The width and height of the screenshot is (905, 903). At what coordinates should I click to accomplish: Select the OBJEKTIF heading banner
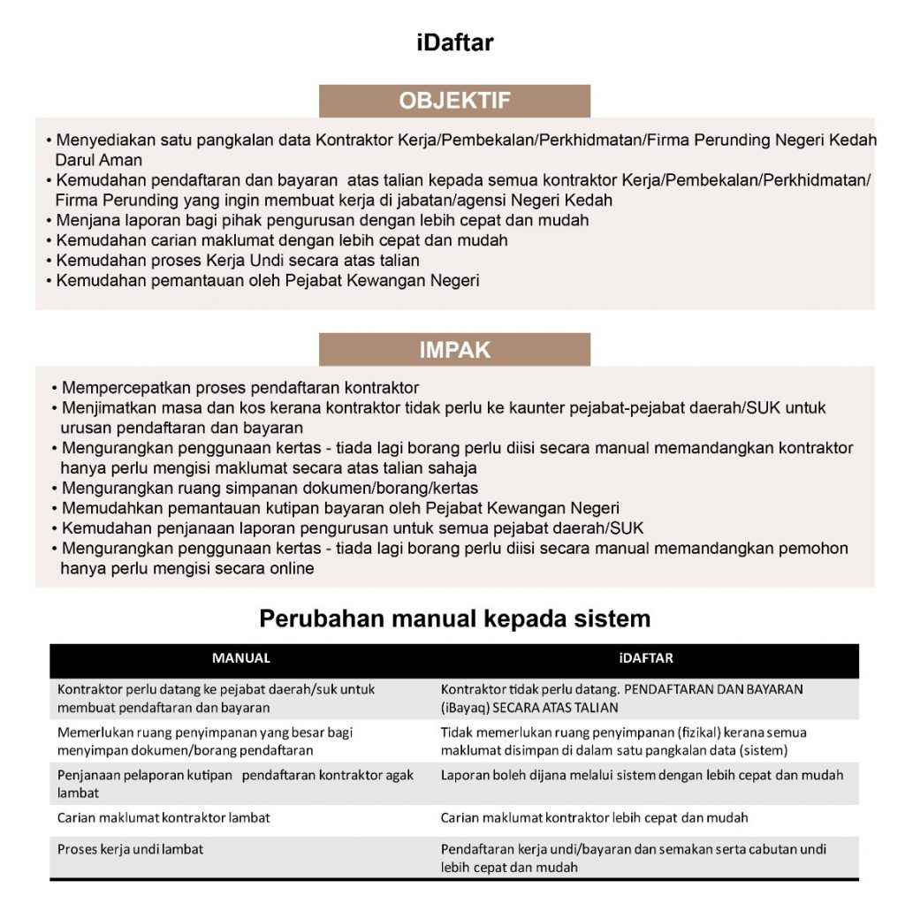point(454,101)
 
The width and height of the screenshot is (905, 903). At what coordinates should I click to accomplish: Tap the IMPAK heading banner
point(454,350)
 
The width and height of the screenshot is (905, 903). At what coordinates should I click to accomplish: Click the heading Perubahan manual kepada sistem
point(454,618)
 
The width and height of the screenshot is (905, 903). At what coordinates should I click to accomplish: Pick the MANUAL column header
point(241,658)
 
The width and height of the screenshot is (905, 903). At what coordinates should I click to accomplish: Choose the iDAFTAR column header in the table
point(646,658)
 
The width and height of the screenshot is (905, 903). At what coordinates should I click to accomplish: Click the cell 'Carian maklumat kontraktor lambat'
point(164,817)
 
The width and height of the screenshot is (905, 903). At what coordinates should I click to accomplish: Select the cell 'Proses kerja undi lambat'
point(130,849)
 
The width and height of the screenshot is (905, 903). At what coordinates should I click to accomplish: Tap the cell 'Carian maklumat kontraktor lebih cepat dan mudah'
point(594,817)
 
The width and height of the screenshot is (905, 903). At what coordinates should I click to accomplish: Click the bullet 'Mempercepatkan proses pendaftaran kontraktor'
point(235,388)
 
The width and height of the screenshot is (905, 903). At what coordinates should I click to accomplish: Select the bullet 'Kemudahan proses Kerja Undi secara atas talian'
point(237,261)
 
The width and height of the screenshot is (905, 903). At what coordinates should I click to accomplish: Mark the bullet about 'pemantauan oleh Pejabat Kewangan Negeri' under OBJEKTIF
point(267,281)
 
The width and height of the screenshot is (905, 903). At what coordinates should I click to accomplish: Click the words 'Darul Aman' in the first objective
point(98,161)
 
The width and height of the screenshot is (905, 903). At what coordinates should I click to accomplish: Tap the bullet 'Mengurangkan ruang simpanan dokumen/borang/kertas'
point(270,488)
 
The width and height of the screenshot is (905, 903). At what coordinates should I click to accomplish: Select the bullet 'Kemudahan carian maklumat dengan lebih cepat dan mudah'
point(281,240)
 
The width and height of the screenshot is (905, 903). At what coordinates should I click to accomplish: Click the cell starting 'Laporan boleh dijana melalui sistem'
point(642,775)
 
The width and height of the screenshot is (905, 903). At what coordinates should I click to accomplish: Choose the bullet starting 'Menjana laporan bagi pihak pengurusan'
point(322,220)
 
